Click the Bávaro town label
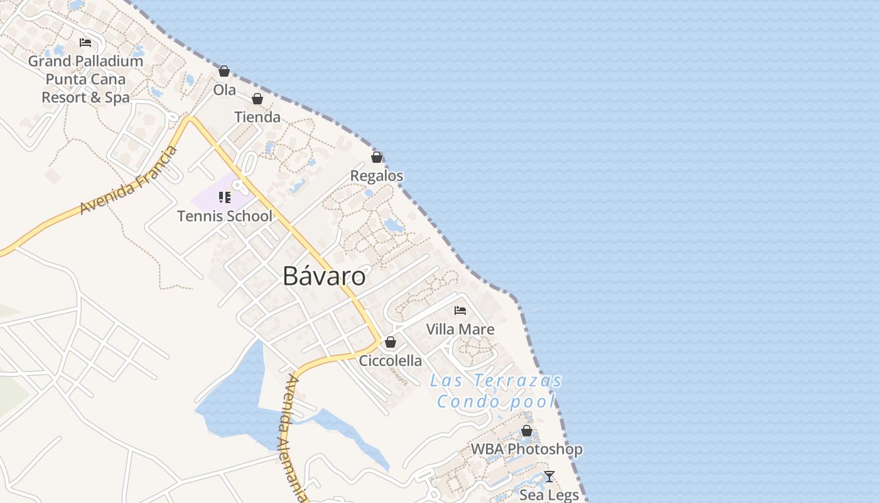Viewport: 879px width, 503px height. (x=325, y=276)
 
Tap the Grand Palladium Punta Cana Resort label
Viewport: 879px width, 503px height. (x=85, y=79)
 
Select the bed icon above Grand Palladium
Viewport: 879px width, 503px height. (x=85, y=43)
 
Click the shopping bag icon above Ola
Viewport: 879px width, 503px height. (x=224, y=71)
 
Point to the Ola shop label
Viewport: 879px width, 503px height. (x=225, y=90)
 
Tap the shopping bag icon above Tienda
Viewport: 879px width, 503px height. (x=257, y=99)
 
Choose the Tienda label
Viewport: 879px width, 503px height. (x=257, y=117)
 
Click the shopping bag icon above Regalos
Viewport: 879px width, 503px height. (x=377, y=157)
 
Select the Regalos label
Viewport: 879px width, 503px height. (x=377, y=176)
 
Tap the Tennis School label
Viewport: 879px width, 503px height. (x=225, y=216)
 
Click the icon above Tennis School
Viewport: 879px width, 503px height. (x=225, y=197)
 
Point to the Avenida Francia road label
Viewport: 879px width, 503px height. (x=129, y=180)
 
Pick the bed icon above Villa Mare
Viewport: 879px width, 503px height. (x=460, y=311)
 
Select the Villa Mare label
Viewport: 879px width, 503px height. (x=460, y=329)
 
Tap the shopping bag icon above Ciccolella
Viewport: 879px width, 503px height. (x=391, y=343)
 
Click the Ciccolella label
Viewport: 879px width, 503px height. (x=391, y=362)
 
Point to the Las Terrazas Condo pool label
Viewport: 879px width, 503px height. (x=496, y=391)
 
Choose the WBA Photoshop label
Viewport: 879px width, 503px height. (x=527, y=450)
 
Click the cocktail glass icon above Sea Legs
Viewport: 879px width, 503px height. (x=549, y=477)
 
